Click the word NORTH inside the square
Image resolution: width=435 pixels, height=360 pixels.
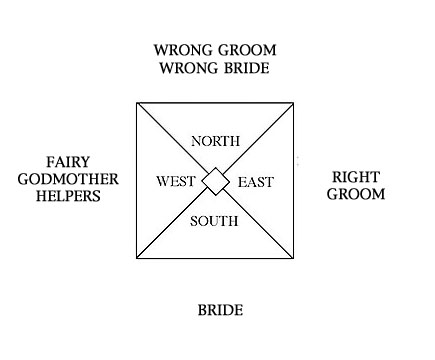(213, 140)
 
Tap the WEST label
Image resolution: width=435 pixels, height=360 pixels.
(177, 182)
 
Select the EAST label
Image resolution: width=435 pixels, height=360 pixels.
(254, 182)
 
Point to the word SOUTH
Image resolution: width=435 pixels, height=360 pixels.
(214, 222)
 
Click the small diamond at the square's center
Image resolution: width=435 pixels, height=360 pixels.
(215, 181)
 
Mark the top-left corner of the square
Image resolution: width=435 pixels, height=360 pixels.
(136, 102)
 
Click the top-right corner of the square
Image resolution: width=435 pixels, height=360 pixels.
(294, 102)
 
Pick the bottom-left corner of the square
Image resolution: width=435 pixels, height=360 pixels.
(136, 259)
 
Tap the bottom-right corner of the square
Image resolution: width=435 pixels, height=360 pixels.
(294, 259)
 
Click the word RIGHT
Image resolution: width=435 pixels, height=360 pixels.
(357, 177)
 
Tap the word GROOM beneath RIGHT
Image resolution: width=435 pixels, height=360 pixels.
(357, 194)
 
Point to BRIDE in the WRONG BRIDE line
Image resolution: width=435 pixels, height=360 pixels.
(245, 68)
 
